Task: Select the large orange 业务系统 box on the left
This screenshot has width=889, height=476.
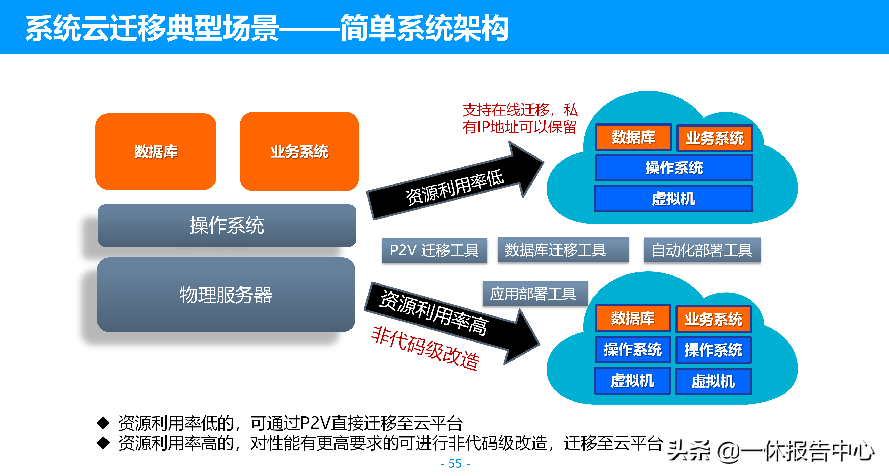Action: [x=299, y=152]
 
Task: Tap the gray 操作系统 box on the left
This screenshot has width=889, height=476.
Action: [x=227, y=226]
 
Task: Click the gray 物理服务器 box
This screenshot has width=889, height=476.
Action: [x=226, y=295]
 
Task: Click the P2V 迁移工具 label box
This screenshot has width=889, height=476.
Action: [x=435, y=250]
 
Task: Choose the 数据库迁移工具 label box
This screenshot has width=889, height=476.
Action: [x=562, y=250]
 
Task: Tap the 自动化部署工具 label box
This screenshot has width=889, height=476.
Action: [x=702, y=250]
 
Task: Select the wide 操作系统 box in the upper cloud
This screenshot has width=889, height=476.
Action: [x=674, y=168]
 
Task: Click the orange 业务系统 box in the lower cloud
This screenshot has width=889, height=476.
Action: [x=713, y=319]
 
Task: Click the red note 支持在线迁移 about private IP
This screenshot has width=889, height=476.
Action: [x=519, y=118]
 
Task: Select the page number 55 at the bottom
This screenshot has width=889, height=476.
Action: [x=455, y=463]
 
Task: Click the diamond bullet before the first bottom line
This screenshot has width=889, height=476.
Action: [x=103, y=423]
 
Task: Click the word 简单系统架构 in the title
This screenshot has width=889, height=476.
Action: [x=425, y=28]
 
